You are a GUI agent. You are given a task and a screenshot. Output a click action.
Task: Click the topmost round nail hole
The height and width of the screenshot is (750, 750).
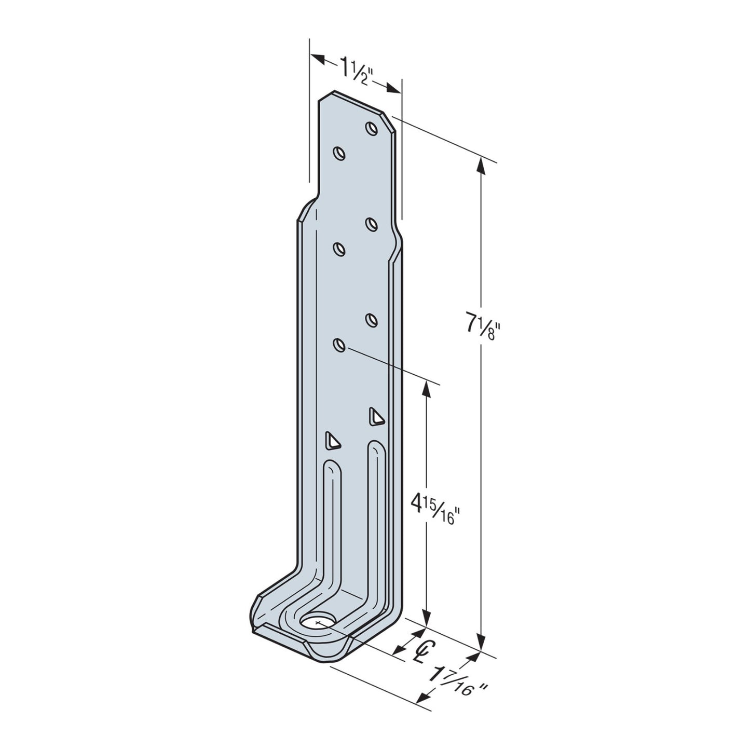click(371, 128)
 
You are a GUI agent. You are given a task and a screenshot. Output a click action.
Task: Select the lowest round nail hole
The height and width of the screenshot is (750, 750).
click(339, 345)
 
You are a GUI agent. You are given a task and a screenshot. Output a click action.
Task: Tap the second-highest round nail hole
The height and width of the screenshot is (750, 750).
click(339, 153)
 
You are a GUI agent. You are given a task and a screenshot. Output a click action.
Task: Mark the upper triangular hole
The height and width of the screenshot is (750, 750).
click(376, 417)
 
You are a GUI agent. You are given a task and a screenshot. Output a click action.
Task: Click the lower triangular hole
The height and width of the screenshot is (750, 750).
click(331, 440)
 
